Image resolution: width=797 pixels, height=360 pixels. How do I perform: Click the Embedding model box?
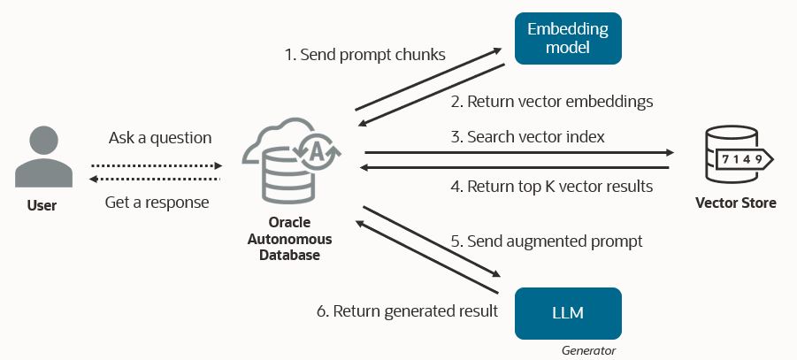pyautogui.click(x=568, y=39)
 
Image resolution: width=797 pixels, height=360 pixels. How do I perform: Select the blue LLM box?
pyautogui.click(x=568, y=313)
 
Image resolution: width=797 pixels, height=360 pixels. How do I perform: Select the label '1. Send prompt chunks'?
pyautogui.click(x=364, y=55)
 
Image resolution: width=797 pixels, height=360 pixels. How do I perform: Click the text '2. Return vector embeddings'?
pyautogui.click(x=551, y=102)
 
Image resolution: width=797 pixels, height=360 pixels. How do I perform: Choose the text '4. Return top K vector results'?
pyautogui.click(x=551, y=187)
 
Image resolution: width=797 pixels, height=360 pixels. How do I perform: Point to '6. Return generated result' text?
pyautogui.click(x=407, y=311)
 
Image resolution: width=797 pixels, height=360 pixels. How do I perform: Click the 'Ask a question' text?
pyautogui.click(x=160, y=138)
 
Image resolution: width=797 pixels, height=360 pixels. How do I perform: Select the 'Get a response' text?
pyautogui.click(x=157, y=203)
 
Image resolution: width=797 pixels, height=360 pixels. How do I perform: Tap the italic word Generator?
pyautogui.click(x=588, y=351)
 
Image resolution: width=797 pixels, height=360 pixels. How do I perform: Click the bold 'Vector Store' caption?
pyautogui.click(x=736, y=203)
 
